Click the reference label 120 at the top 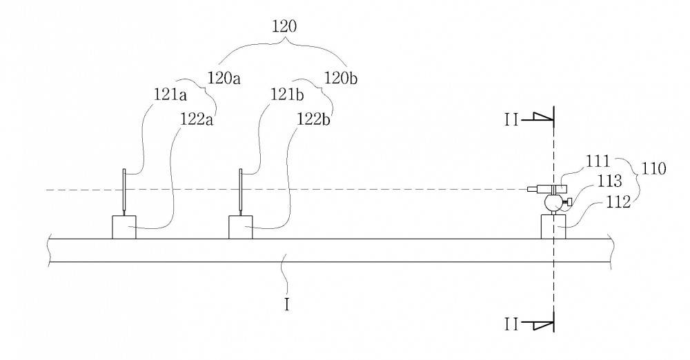[x=284, y=26]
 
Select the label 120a [x=224, y=79]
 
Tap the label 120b [x=341, y=78]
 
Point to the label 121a [x=170, y=94]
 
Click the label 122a [x=197, y=119]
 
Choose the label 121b [x=287, y=94]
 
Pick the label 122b [x=314, y=119]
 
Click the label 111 [x=598, y=161]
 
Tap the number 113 [x=610, y=181]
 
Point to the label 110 [x=654, y=168]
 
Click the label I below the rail [x=287, y=304]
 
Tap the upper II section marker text [x=511, y=120]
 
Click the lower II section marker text [x=511, y=324]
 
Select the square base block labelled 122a [x=124, y=227]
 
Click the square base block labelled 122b [x=241, y=227]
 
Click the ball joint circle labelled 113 [x=553, y=203]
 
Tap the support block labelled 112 [x=553, y=227]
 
